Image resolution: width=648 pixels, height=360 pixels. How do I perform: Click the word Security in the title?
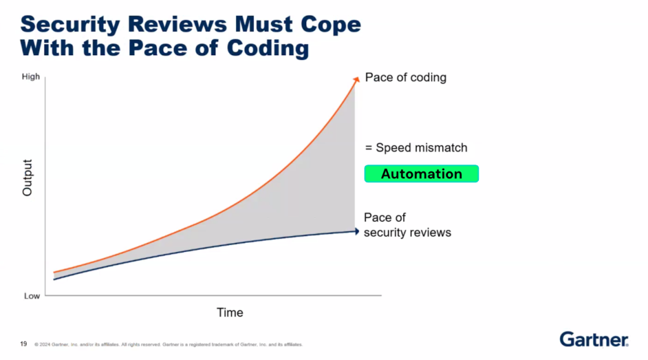[70, 25]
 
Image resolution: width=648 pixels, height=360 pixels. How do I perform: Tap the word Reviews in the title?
[177, 24]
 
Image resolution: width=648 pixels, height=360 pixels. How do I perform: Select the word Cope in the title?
[330, 25]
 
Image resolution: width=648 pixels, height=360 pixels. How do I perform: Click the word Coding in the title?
[268, 49]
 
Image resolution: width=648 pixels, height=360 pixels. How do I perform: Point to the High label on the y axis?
[30, 77]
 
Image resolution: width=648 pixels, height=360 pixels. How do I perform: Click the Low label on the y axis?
[32, 296]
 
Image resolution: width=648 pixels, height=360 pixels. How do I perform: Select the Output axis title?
[27, 178]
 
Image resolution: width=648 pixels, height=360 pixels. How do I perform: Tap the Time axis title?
[230, 313]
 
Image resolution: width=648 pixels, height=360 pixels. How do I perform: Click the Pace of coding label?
[406, 78]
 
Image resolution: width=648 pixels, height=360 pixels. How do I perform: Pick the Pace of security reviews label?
[407, 225]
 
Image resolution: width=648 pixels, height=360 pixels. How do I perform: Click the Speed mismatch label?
[421, 148]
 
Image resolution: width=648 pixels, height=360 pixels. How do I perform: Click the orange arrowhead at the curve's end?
[356, 79]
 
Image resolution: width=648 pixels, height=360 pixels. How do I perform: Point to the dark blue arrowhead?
[357, 232]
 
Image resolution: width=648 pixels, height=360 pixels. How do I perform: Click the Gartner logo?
[594, 339]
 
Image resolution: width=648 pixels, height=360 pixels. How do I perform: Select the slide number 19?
[23, 344]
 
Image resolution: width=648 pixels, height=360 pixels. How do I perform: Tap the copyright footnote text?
[168, 344]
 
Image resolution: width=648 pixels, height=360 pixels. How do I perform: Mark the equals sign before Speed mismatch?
[369, 148]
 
